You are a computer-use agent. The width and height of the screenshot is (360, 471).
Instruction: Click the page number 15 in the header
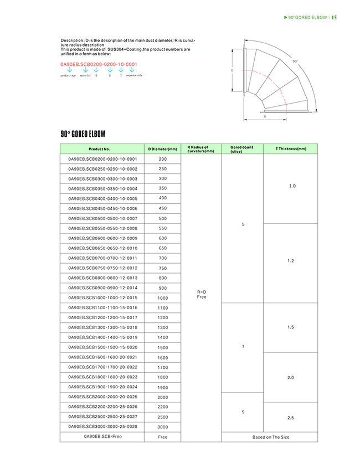(335, 17)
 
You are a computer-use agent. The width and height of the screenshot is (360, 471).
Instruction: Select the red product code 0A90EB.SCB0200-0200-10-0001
(98, 65)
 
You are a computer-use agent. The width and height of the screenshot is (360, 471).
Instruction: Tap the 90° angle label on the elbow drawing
(295, 61)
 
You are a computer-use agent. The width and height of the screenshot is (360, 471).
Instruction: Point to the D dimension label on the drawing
(232, 71)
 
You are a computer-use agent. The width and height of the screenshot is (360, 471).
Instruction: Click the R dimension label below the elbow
(265, 117)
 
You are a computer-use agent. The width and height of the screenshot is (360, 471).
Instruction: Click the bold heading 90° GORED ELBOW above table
(83, 134)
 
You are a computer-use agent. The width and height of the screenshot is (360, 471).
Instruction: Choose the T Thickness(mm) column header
(291, 149)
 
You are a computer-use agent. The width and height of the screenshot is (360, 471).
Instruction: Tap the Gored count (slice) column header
(241, 149)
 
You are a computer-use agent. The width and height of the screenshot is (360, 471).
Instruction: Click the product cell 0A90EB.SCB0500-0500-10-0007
(102, 218)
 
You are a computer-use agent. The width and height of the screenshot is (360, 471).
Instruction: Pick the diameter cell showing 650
(163, 248)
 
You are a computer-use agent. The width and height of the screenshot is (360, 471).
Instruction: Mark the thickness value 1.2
(291, 261)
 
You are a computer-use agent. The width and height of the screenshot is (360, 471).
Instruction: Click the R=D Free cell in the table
(202, 294)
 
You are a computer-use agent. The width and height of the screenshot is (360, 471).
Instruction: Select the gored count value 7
(243, 347)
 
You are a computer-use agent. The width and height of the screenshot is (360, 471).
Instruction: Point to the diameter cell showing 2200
(163, 407)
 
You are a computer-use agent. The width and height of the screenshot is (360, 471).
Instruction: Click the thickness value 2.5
(291, 416)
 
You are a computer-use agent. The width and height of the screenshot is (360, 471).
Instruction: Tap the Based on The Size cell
(270, 437)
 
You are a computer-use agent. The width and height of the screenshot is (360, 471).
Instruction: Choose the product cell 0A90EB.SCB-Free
(102, 437)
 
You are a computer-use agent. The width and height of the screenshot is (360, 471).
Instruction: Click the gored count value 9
(243, 412)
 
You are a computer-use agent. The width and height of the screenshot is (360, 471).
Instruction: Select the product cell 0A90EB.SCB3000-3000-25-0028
(102, 427)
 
